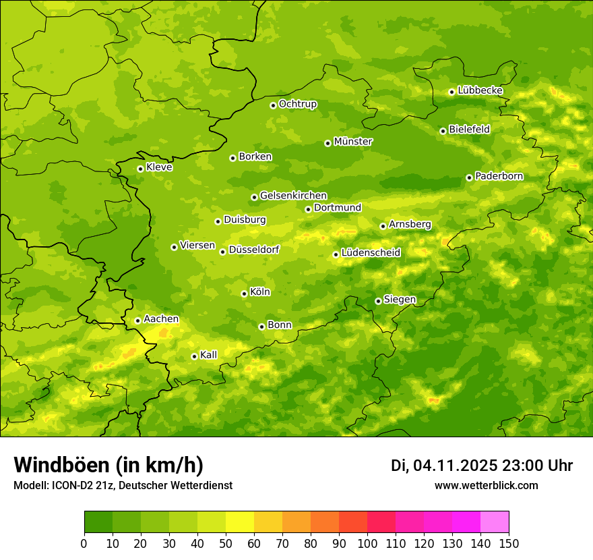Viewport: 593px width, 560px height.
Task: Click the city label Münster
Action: (x=352, y=142)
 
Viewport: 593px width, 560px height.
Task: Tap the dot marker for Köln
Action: (x=244, y=293)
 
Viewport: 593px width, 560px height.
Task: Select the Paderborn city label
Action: (x=499, y=176)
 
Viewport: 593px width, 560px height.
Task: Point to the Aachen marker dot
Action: (x=137, y=320)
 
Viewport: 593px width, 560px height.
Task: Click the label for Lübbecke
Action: (x=480, y=90)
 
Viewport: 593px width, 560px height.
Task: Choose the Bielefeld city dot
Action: (x=443, y=131)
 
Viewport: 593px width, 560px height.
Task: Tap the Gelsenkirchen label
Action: (x=293, y=196)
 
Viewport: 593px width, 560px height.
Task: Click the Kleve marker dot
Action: (x=140, y=169)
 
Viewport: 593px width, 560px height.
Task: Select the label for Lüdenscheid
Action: (x=371, y=253)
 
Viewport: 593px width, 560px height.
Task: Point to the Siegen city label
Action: (x=400, y=300)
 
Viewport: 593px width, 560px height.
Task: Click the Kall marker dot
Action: (x=194, y=356)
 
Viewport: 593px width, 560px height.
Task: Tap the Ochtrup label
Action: (x=297, y=104)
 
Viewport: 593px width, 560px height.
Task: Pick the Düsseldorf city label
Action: (x=253, y=250)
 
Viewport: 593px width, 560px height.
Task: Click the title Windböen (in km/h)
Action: (x=108, y=465)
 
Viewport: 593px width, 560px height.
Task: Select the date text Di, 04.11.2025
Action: (x=444, y=466)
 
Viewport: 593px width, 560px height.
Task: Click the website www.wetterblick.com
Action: (x=486, y=485)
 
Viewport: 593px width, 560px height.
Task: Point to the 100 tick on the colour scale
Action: (x=367, y=543)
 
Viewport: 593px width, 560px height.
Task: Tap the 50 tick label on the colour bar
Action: (x=226, y=543)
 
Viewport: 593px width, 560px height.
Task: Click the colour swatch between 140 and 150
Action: (x=495, y=522)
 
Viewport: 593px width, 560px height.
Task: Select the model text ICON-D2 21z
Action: (x=79, y=485)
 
